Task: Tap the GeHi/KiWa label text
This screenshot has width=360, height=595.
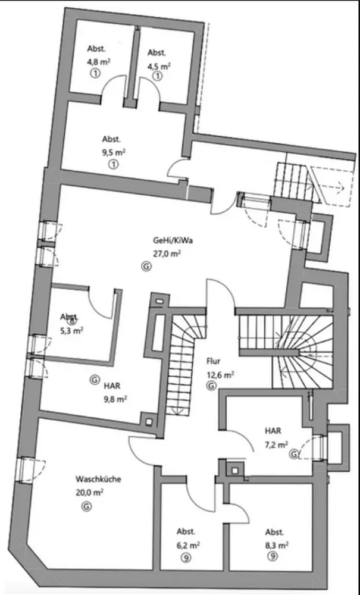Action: click(167, 242)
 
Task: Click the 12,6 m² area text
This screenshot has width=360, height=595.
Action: click(220, 374)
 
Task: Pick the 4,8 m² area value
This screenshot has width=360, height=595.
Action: click(98, 61)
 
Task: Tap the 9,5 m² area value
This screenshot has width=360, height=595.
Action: click(113, 152)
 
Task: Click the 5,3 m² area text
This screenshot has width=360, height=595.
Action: click(71, 331)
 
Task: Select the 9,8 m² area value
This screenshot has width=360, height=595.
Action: click(115, 399)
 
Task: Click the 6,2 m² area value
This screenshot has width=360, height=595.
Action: click(187, 544)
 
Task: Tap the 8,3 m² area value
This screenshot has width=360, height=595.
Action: click(277, 544)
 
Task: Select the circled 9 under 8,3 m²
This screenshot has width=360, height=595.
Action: click(273, 557)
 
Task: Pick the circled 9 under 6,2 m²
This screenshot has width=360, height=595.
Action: click(186, 557)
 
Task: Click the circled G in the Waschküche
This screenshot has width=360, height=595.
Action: click(87, 506)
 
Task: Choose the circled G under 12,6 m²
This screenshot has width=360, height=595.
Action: click(211, 387)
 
